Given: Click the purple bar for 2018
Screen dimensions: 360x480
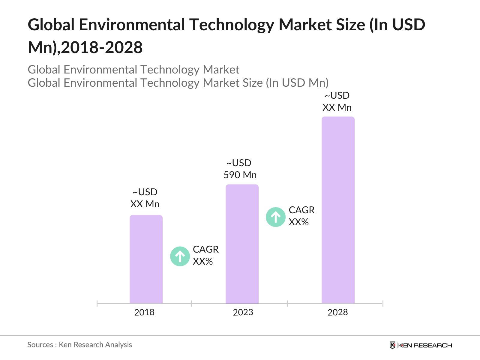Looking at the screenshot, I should pos(146,259).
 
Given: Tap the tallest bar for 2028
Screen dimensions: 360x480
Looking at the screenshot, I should pos(338,210).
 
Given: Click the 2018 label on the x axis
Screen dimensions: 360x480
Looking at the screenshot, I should pos(144,312).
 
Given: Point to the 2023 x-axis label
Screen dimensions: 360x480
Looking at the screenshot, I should pos(243,312).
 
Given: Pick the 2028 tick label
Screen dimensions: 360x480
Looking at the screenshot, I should pos(337,312).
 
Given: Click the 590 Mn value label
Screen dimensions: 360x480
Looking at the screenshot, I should pos(240,175).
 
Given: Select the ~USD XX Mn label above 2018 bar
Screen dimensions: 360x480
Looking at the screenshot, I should pos(145,198).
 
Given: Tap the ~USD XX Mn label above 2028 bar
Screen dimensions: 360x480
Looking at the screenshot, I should pos(337,101).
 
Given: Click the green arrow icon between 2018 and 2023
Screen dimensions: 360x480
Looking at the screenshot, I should pos(180,256).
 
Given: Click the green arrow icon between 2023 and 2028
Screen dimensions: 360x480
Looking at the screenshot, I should pos(275,217).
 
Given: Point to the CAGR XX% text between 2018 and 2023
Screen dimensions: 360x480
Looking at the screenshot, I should pos(205,255).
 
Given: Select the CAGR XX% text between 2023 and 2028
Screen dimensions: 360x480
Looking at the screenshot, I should pos(301,216).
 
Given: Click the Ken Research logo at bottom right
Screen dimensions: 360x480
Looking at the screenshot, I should pos(421,345).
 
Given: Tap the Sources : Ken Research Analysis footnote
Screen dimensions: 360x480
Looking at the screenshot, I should pos(79,345).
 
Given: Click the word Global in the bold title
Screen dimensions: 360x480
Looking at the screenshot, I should pos(51,25).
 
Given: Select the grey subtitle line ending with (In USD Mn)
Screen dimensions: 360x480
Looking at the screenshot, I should pos(178,83).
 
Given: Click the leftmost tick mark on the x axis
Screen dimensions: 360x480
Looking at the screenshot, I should pos(97,304).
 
